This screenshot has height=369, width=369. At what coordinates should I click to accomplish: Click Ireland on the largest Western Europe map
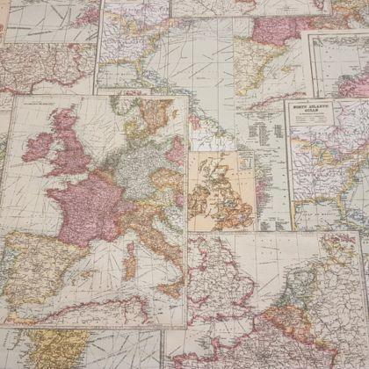40,145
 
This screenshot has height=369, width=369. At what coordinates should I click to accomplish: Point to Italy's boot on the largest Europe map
163,255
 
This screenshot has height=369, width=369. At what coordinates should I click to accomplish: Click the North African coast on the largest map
88,307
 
